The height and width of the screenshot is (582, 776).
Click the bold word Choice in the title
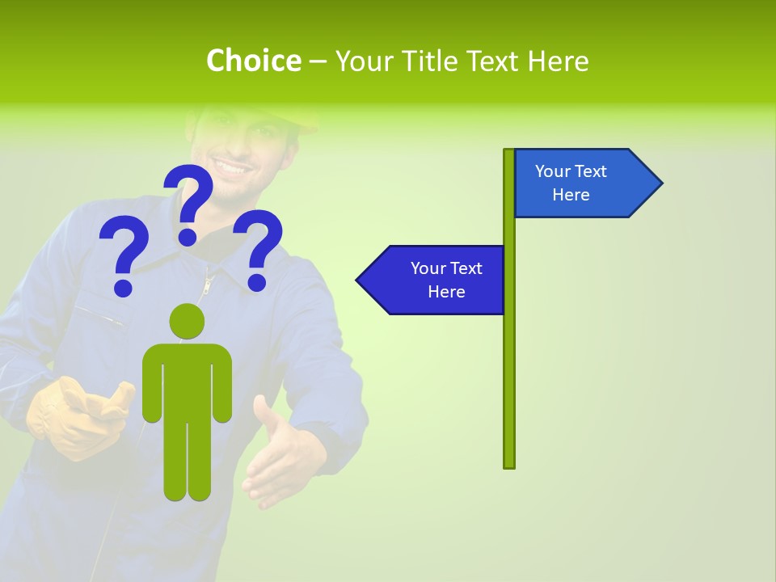pyautogui.click(x=253, y=61)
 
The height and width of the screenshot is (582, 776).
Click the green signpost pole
pyautogui.click(x=509, y=364)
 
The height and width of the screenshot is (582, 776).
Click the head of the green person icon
pyautogui.click(x=187, y=321)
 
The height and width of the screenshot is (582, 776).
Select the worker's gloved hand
pyautogui.click(x=77, y=416)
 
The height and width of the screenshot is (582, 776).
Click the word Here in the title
pyautogui.click(x=559, y=61)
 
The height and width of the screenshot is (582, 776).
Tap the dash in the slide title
pyautogui.click(x=318, y=61)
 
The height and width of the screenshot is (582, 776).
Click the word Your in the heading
pyautogui.click(x=363, y=61)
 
